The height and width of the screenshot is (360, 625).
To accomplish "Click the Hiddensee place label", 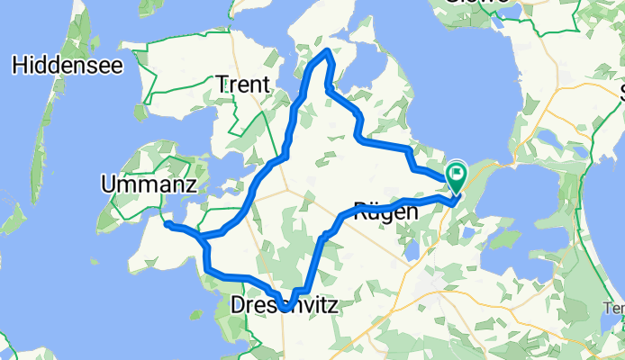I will point(60,65).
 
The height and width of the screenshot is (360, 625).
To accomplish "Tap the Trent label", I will point(243,85).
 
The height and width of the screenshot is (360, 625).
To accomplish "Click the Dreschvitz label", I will point(285,306).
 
